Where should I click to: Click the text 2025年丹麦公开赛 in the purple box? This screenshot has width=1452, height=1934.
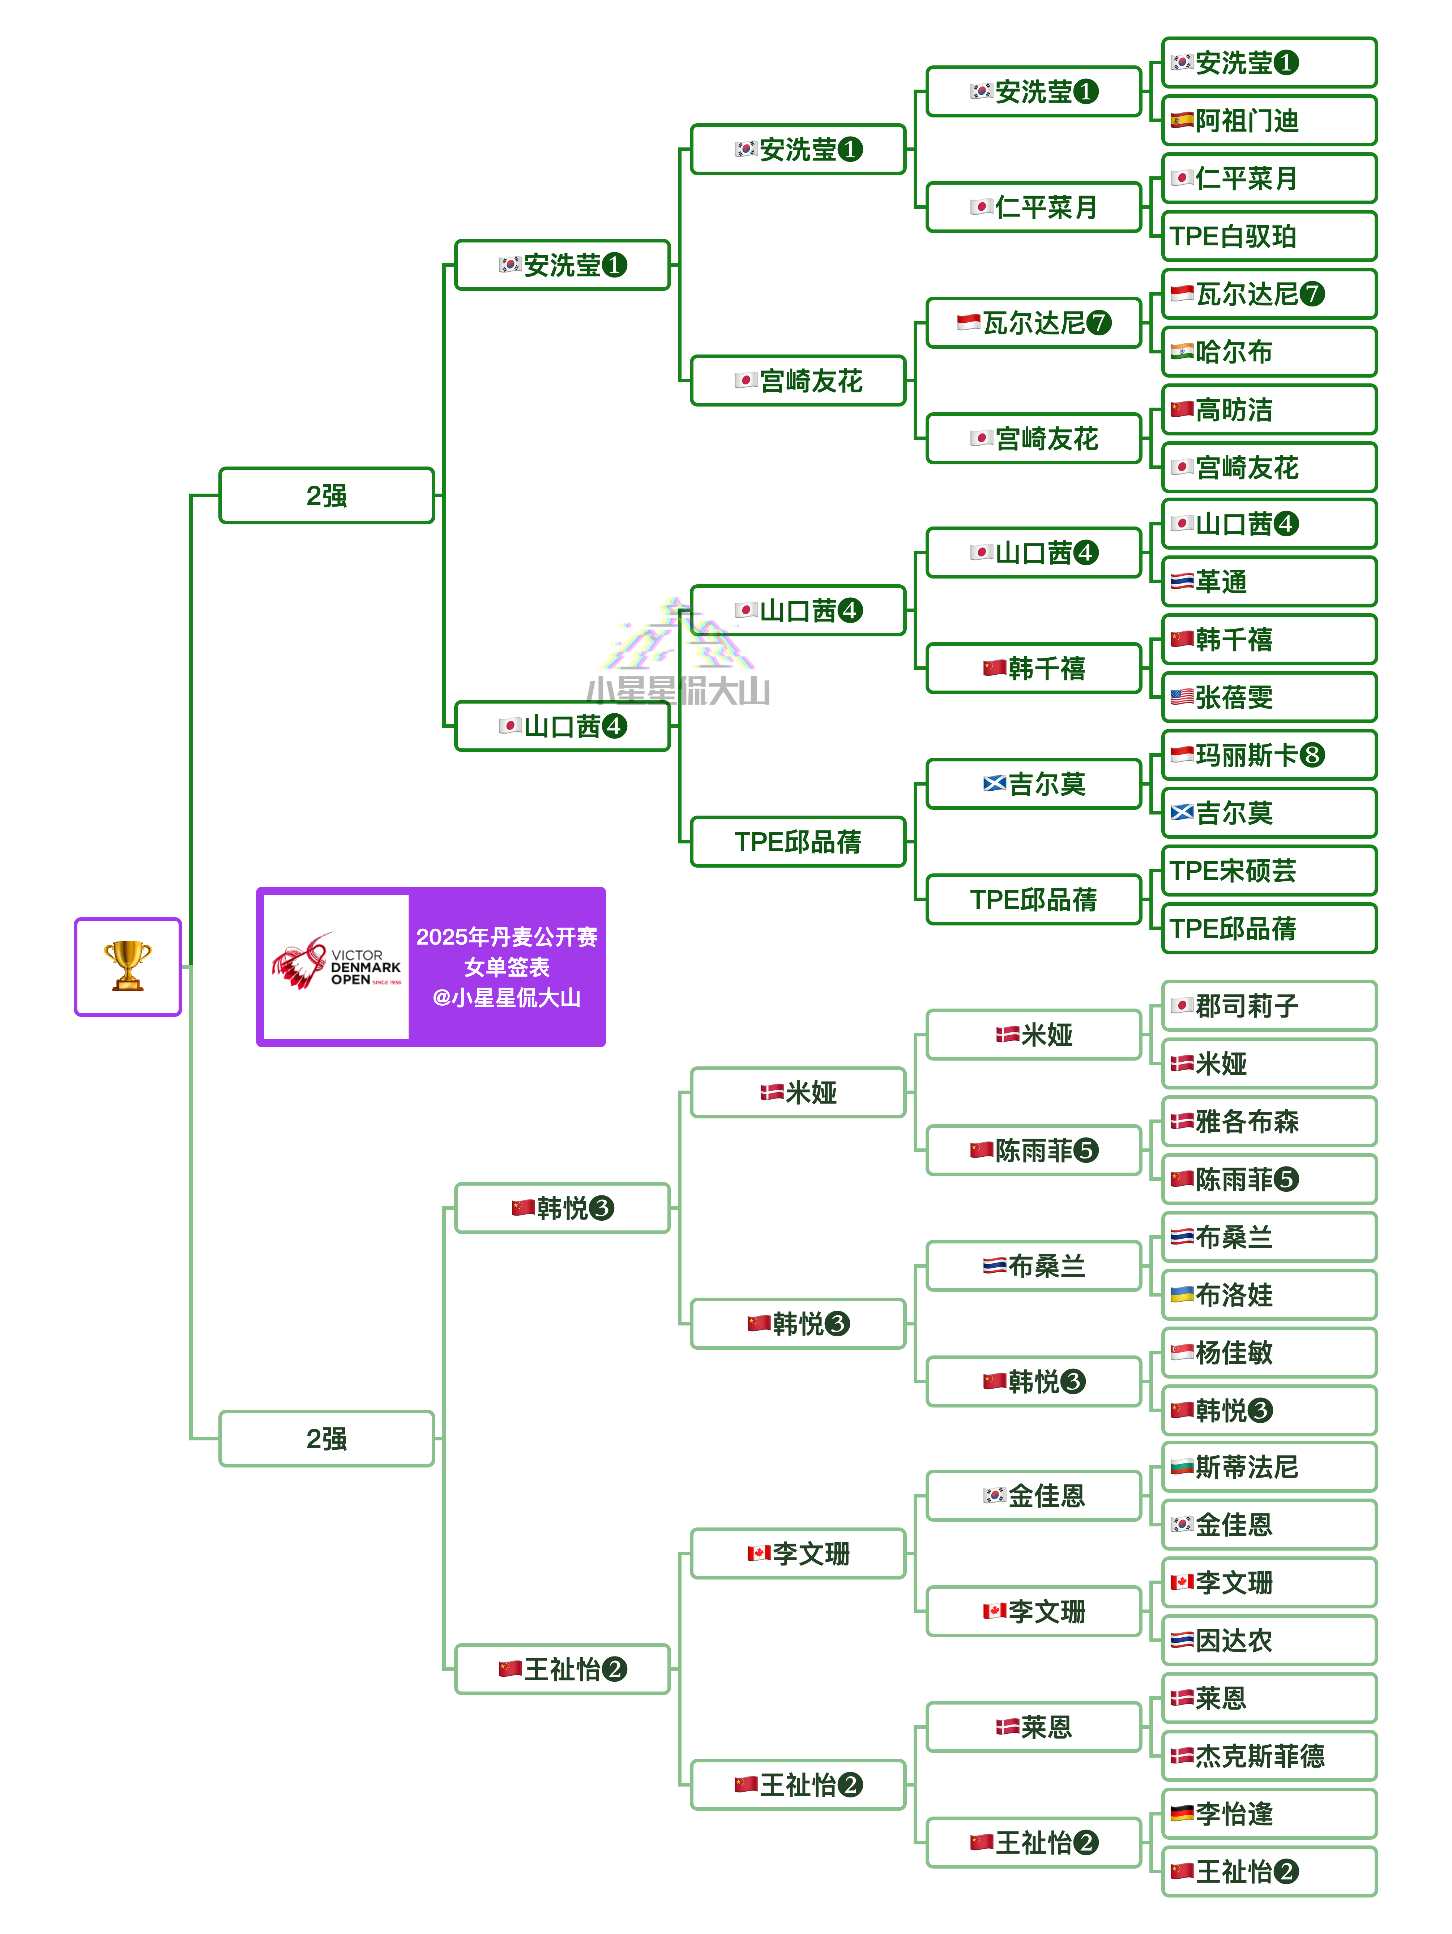[x=507, y=936]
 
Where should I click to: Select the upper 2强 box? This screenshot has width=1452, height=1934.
[x=326, y=496]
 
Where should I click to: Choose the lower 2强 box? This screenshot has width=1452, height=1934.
[x=326, y=1438]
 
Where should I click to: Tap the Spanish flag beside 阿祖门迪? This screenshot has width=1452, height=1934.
[x=1182, y=121]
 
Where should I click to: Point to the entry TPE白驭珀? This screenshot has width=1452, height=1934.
[x=1233, y=236]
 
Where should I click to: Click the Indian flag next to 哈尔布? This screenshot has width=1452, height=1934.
[x=1182, y=352]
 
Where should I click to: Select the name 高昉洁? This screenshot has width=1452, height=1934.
[x=1234, y=409]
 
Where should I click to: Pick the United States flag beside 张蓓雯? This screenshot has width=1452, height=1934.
[x=1182, y=697]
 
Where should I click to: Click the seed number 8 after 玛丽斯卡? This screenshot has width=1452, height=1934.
[x=1311, y=755]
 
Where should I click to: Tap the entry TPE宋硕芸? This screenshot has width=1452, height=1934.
[x=1233, y=871]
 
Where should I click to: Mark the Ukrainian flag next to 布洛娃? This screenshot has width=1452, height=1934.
[x=1182, y=1294]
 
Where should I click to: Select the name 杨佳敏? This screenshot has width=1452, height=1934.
[x=1234, y=1353]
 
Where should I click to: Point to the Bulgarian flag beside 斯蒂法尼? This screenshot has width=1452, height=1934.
[x=1182, y=1466]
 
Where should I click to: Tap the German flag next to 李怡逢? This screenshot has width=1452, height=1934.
[x=1182, y=1813]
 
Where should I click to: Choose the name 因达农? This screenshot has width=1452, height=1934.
[x=1234, y=1640]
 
